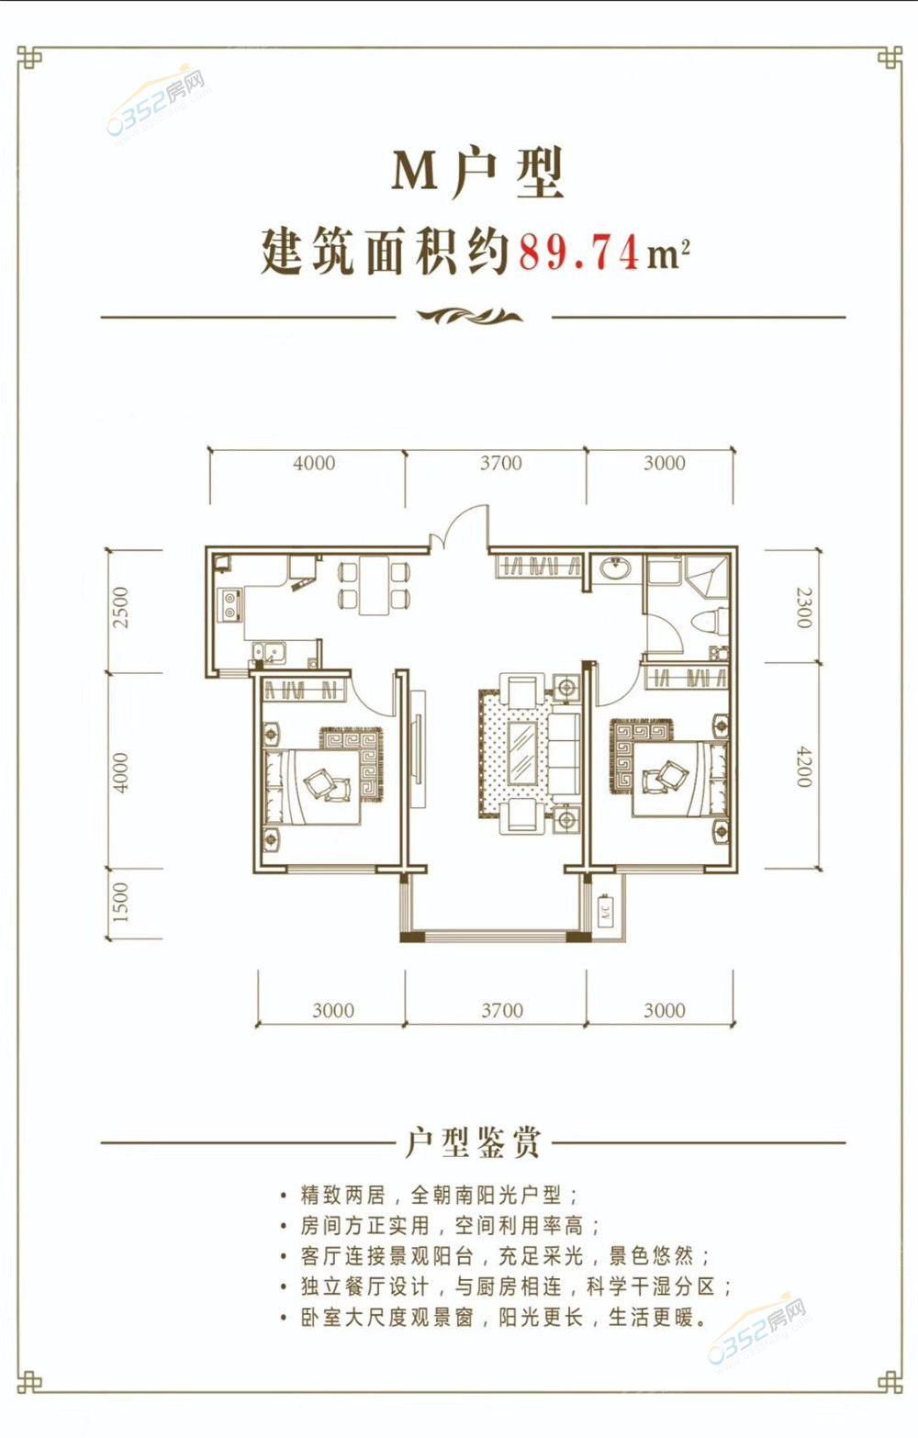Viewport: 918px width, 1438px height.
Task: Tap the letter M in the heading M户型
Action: pyautogui.click(x=415, y=171)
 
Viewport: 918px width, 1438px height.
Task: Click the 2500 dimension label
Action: pyautogui.click(x=120, y=607)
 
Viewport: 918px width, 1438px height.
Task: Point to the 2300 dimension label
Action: pyautogui.click(x=804, y=607)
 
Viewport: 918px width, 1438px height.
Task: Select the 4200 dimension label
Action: pyautogui.click(x=804, y=767)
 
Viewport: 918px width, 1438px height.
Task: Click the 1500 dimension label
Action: pyautogui.click(x=120, y=902)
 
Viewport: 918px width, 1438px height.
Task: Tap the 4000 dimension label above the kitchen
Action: pyautogui.click(x=314, y=463)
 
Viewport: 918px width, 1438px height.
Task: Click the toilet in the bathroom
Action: pyautogui.click(x=709, y=621)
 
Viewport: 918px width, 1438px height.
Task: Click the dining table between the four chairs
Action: pyautogui.click(x=374, y=585)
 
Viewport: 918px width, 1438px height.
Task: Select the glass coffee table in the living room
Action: pyautogui.click(x=523, y=752)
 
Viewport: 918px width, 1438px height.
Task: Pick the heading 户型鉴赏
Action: pyautogui.click(x=472, y=1142)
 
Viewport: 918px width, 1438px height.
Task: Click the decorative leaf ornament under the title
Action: pyautogui.click(x=470, y=316)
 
